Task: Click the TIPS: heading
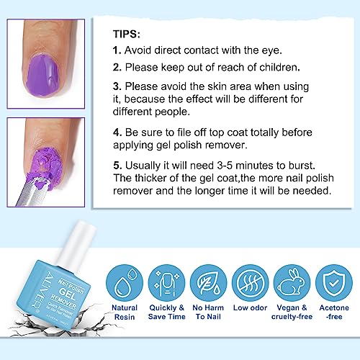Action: click(x=131, y=34)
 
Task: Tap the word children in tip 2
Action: click(x=277, y=68)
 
